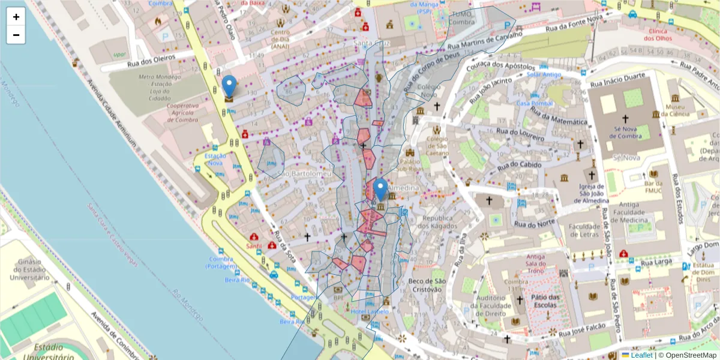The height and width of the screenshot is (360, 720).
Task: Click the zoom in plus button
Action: click(16, 17)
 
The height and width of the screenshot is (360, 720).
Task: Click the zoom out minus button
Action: click(16, 35)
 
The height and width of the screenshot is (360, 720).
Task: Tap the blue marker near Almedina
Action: click(380, 191)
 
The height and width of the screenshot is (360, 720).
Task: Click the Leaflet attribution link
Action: click(641, 355)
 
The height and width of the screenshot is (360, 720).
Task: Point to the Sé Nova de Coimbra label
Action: click(625, 132)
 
